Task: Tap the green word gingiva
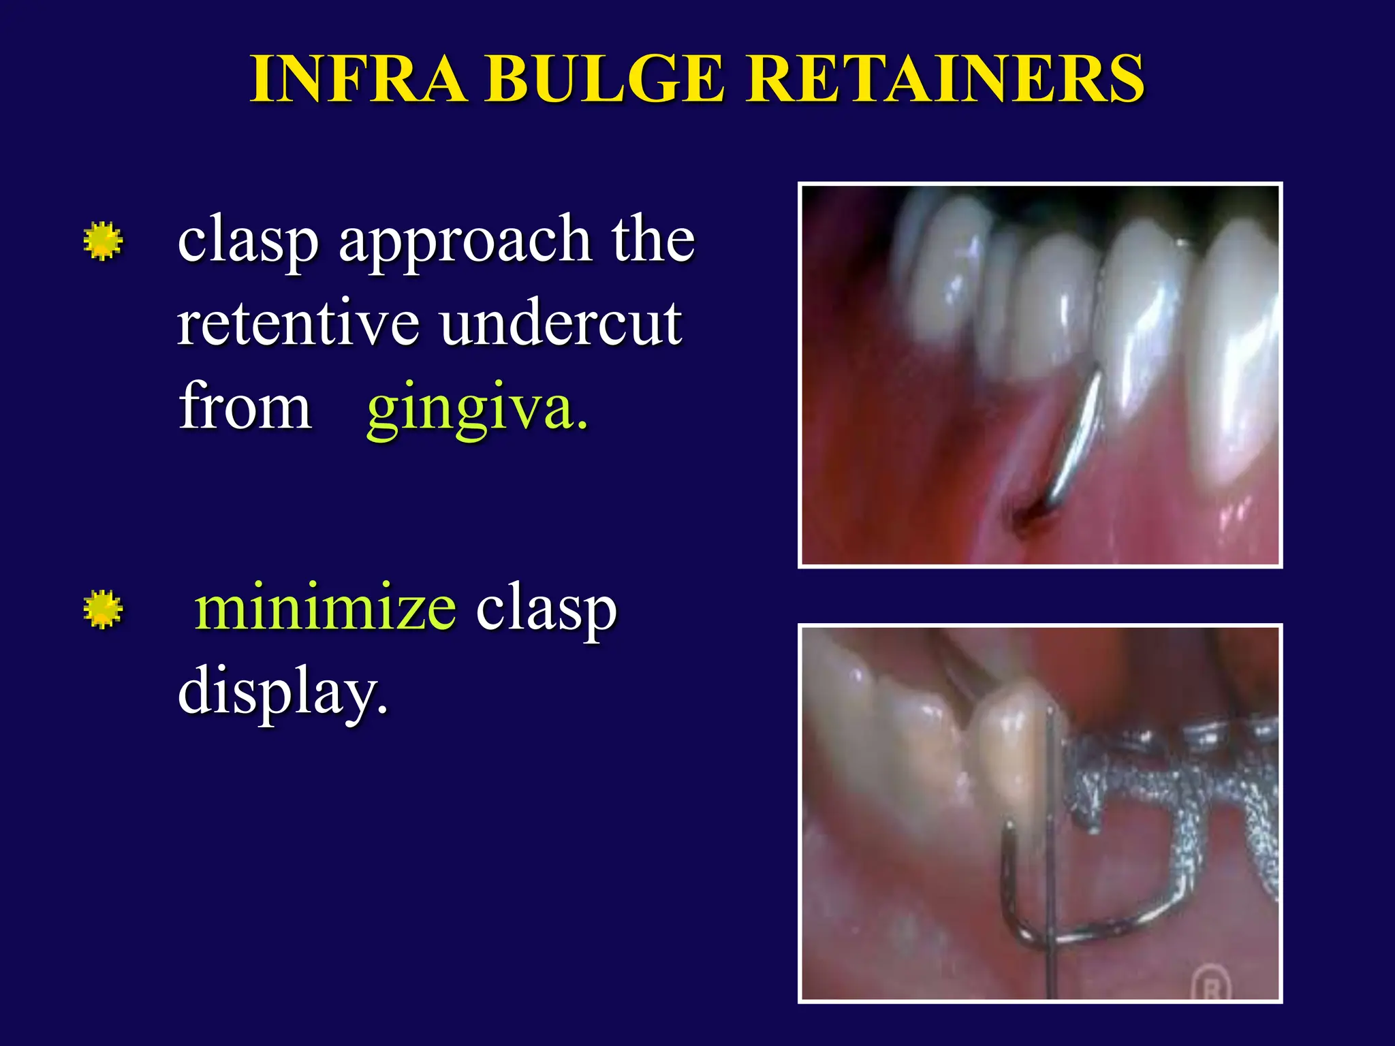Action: pyautogui.click(x=477, y=409)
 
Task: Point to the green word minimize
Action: pyautogui.click(x=325, y=607)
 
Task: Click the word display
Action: pyautogui.click(x=282, y=691)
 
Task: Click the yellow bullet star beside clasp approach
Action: pyautogui.click(x=103, y=241)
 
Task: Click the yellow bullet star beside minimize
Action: pyautogui.click(x=103, y=609)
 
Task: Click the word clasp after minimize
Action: pyautogui.click(x=546, y=609)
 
